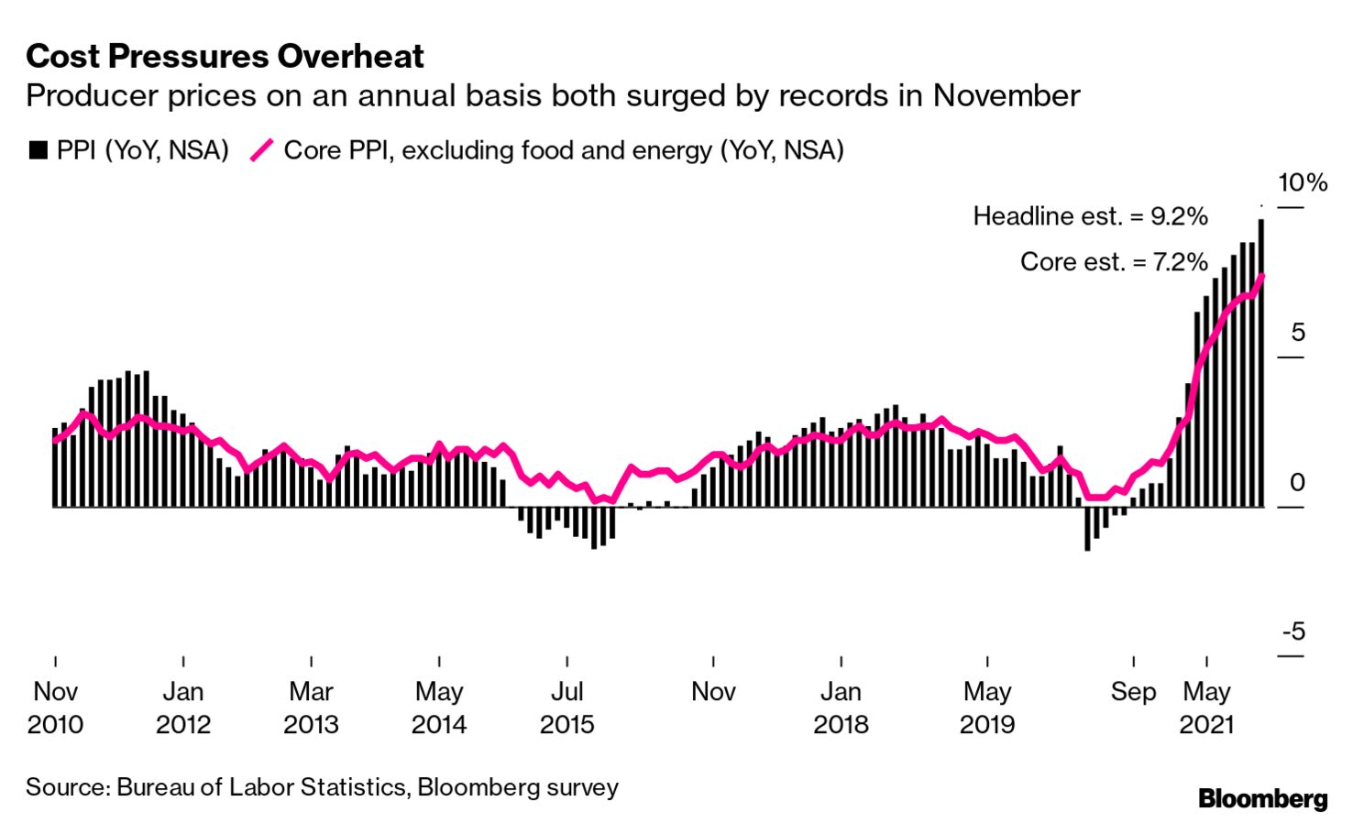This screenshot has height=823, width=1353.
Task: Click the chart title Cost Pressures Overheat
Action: point(225,56)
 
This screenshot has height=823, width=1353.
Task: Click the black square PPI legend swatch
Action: point(38,150)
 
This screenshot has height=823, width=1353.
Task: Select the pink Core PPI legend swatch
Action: point(262,150)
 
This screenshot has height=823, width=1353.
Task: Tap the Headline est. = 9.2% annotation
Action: point(1090,216)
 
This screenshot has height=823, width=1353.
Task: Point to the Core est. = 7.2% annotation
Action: point(1114,262)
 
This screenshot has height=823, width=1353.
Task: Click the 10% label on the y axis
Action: point(1302,182)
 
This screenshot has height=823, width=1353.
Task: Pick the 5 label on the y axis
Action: point(1297,332)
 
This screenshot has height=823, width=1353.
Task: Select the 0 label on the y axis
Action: point(1296,482)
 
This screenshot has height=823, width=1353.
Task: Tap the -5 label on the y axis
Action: point(1292,631)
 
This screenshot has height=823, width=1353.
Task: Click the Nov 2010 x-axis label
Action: point(55,708)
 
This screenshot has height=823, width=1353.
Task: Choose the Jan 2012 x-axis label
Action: point(183,708)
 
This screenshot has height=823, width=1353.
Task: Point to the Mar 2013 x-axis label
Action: point(311,708)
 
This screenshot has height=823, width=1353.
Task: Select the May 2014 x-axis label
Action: point(439,708)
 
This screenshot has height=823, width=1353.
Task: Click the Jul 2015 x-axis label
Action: point(566,708)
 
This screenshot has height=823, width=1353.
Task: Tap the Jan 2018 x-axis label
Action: point(841,708)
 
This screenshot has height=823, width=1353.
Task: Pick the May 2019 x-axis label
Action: point(987,708)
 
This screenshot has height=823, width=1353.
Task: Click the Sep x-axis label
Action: point(1133,691)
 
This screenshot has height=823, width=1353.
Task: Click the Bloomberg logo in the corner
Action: point(1262,798)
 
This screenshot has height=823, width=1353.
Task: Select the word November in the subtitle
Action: point(1006,96)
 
